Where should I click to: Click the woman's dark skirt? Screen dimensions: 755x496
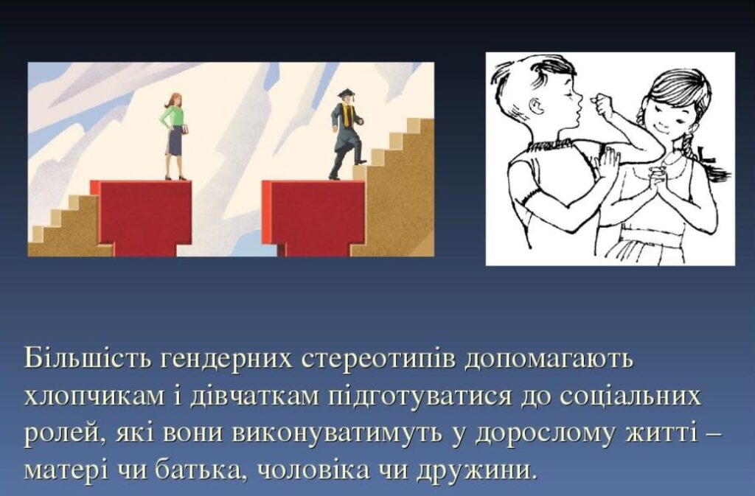tap(174, 142)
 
